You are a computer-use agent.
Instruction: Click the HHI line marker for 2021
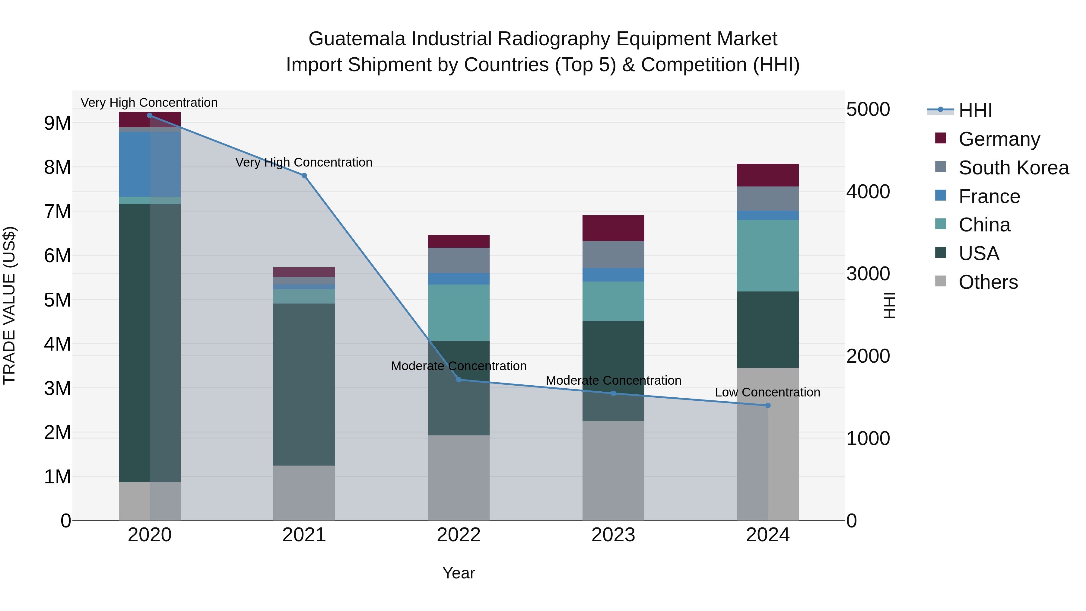click(304, 175)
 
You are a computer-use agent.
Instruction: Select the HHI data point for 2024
click(768, 405)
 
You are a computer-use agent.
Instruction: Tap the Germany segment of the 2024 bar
click(768, 175)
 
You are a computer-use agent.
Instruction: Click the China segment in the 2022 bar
click(459, 313)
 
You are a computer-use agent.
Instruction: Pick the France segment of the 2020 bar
click(150, 164)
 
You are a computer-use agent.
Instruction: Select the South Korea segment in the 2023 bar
click(613, 254)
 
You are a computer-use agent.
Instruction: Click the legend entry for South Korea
click(1014, 168)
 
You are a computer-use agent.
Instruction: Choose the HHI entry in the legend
click(975, 110)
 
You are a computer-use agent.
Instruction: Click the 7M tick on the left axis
click(57, 212)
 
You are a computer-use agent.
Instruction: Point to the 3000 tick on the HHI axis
click(868, 274)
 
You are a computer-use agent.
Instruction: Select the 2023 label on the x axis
click(613, 535)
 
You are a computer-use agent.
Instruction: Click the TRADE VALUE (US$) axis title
click(9, 305)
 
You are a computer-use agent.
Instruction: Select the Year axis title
click(459, 573)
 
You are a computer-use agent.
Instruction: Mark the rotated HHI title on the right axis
click(889, 305)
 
